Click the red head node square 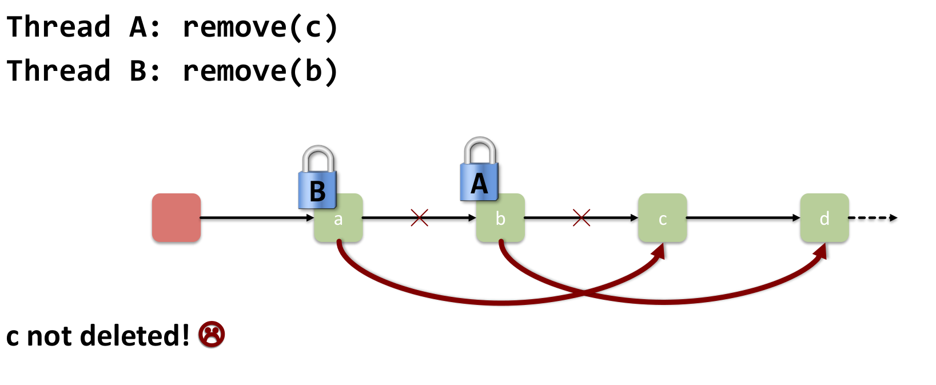(176, 217)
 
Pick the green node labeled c (662, 218)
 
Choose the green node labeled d (824, 218)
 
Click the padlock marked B (317, 179)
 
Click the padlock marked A (479, 171)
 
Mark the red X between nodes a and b (419, 217)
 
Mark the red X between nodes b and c (581, 217)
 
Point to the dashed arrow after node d (873, 217)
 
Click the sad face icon (212, 335)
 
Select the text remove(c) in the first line (260, 27)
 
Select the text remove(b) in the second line (260, 72)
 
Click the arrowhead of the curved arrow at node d (821, 251)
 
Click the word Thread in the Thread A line (58, 27)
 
